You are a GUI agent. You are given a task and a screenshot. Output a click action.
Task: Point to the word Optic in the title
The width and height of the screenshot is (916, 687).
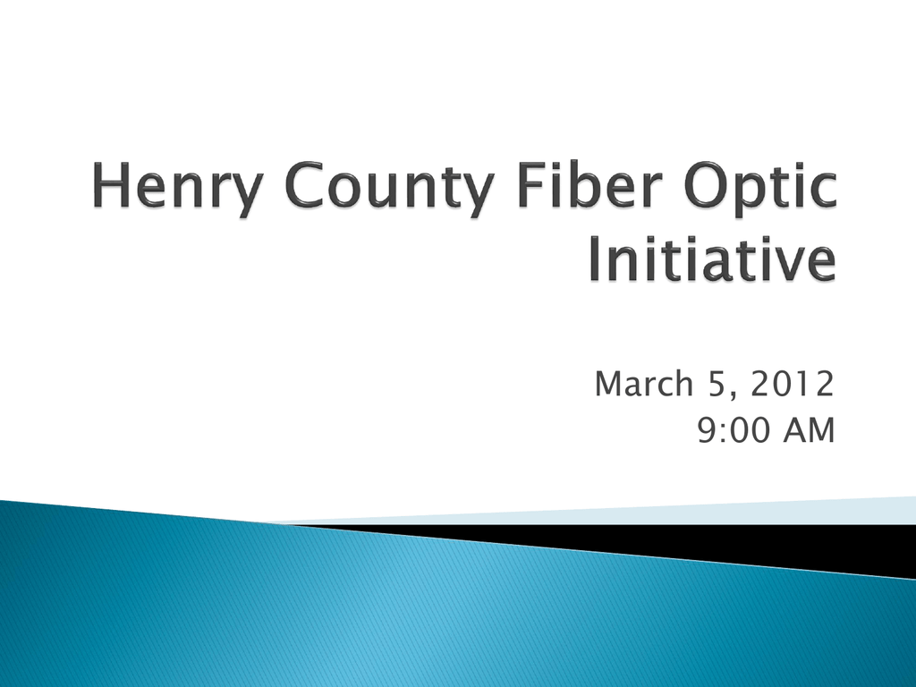coord(760,188)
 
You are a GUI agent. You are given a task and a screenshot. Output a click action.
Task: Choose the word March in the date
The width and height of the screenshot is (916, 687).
coord(644,384)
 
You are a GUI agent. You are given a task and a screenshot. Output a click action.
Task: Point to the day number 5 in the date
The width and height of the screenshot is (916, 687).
coord(717,384)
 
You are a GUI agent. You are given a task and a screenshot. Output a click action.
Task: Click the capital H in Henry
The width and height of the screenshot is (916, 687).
coord(111,185)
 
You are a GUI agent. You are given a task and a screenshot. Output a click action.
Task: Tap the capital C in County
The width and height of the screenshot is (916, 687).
coord(304,185)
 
